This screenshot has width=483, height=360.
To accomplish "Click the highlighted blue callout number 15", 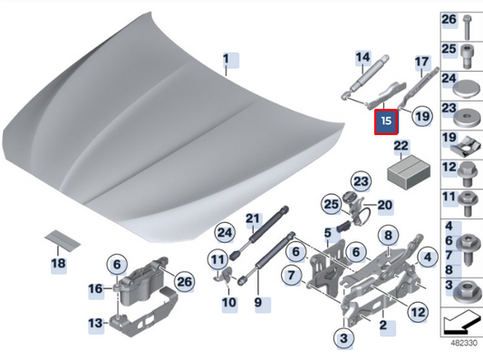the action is tap(386, 122).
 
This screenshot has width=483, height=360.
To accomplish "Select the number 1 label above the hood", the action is tap(227, 59).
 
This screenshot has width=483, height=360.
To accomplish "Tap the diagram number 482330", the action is tap(464, 343).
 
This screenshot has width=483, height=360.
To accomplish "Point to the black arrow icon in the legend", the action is tap(461, 323).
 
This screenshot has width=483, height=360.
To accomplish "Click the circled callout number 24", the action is tap(225, 232).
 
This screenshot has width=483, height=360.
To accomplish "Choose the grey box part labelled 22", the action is tap(409, 171).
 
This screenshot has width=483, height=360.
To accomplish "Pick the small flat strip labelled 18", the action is tap(63, 240).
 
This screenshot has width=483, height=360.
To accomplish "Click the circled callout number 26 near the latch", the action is tap(184, 282).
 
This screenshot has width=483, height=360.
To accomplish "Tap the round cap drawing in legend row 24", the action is tap(467, 89).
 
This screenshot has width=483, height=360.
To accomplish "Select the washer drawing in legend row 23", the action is tap(467, 118).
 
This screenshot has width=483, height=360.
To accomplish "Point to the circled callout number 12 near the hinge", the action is tap(418, 312).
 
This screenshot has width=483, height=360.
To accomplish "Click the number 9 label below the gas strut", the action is tap(258, 303).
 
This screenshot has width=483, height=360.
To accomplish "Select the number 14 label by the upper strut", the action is tap(362, 58).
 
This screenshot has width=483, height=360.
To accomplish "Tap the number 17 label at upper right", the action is tap(421, 62).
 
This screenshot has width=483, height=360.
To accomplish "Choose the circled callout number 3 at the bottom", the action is tap(343, 338).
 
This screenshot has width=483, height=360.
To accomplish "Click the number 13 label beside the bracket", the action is tap(95, 324).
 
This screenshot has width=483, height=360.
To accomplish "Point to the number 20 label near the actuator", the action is tap(385, 205).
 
